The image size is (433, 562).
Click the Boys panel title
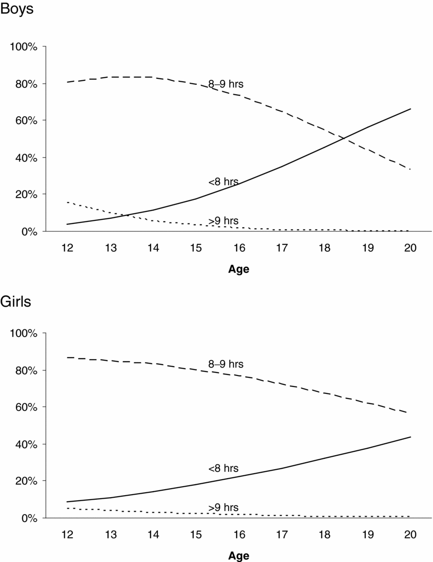(17, 9)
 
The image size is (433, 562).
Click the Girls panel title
(15, 302)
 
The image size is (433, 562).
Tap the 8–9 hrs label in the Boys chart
(226, 84)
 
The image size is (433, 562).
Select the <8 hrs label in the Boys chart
(223, 182)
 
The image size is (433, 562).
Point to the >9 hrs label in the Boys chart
(223, 220)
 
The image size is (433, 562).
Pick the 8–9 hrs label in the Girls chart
(226, 364)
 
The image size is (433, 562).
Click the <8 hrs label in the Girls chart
(223, 468)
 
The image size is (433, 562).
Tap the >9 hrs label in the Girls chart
(223, 507)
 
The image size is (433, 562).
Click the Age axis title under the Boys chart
(239, 269)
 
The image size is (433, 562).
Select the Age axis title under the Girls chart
(239, 556)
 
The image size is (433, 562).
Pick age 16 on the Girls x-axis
(239, 535)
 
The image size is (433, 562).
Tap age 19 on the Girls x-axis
(367, 535)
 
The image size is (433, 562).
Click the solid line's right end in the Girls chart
(411, 437)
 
